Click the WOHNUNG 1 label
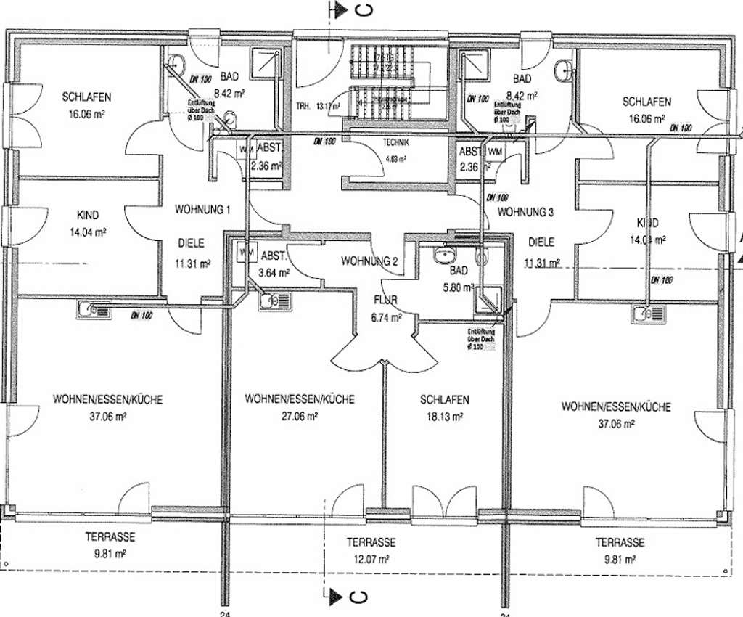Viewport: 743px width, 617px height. point(202,211)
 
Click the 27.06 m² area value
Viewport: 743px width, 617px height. point(299,417)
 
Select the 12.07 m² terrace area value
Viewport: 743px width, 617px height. point(370,559)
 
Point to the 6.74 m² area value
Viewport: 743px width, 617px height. point(385,318)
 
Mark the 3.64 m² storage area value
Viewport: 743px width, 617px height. point(275,274)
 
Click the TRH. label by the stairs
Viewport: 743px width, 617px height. point(303,107)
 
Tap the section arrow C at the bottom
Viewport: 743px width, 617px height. point(348,597)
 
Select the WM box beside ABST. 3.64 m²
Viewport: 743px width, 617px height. point(246,253)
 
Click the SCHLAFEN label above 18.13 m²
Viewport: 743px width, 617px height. point(444,400)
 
